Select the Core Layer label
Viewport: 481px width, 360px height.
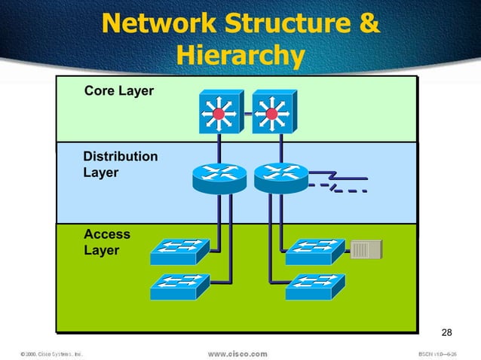(118, 91)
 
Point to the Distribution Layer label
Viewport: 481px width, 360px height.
(121, 164)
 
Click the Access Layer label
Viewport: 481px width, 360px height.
(107, 242)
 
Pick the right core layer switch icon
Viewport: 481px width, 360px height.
(271, 113)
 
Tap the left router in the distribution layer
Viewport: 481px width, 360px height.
(219, 178)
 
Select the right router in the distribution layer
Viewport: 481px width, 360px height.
(280, 178)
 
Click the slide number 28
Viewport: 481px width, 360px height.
(446, 334)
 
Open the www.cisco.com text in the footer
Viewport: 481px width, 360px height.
(237, 352)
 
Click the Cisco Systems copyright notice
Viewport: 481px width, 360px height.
(51, 352)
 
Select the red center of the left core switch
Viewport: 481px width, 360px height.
(219, 114)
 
